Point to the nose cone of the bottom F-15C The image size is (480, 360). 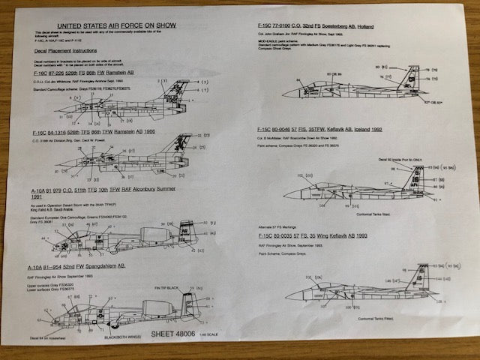(x=289, y=295)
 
